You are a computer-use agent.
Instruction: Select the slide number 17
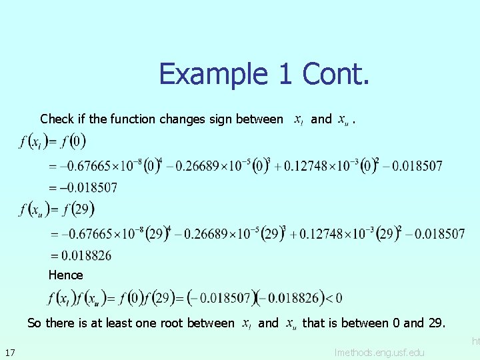coord(10,352)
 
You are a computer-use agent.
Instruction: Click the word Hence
coord(65,275)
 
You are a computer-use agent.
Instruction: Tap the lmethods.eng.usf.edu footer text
coord(379,351)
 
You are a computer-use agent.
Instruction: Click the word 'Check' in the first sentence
coord(57,119)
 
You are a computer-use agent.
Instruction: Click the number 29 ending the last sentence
coord(435,323)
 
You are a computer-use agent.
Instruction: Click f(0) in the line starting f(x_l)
coord(73,142)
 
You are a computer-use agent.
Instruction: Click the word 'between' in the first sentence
coord(259,119)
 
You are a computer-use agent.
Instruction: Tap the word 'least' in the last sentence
coord(111,323)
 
